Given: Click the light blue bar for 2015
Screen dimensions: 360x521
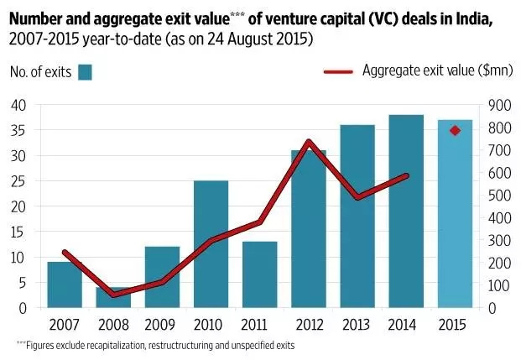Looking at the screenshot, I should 455,214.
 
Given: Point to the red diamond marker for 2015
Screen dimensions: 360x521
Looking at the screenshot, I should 456,130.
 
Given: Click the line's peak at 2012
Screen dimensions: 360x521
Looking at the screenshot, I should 309,142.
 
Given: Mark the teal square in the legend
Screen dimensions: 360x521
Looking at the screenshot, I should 85,72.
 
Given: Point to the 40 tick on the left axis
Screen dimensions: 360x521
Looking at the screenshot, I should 18,105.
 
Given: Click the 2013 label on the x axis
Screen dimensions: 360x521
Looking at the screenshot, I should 357,325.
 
